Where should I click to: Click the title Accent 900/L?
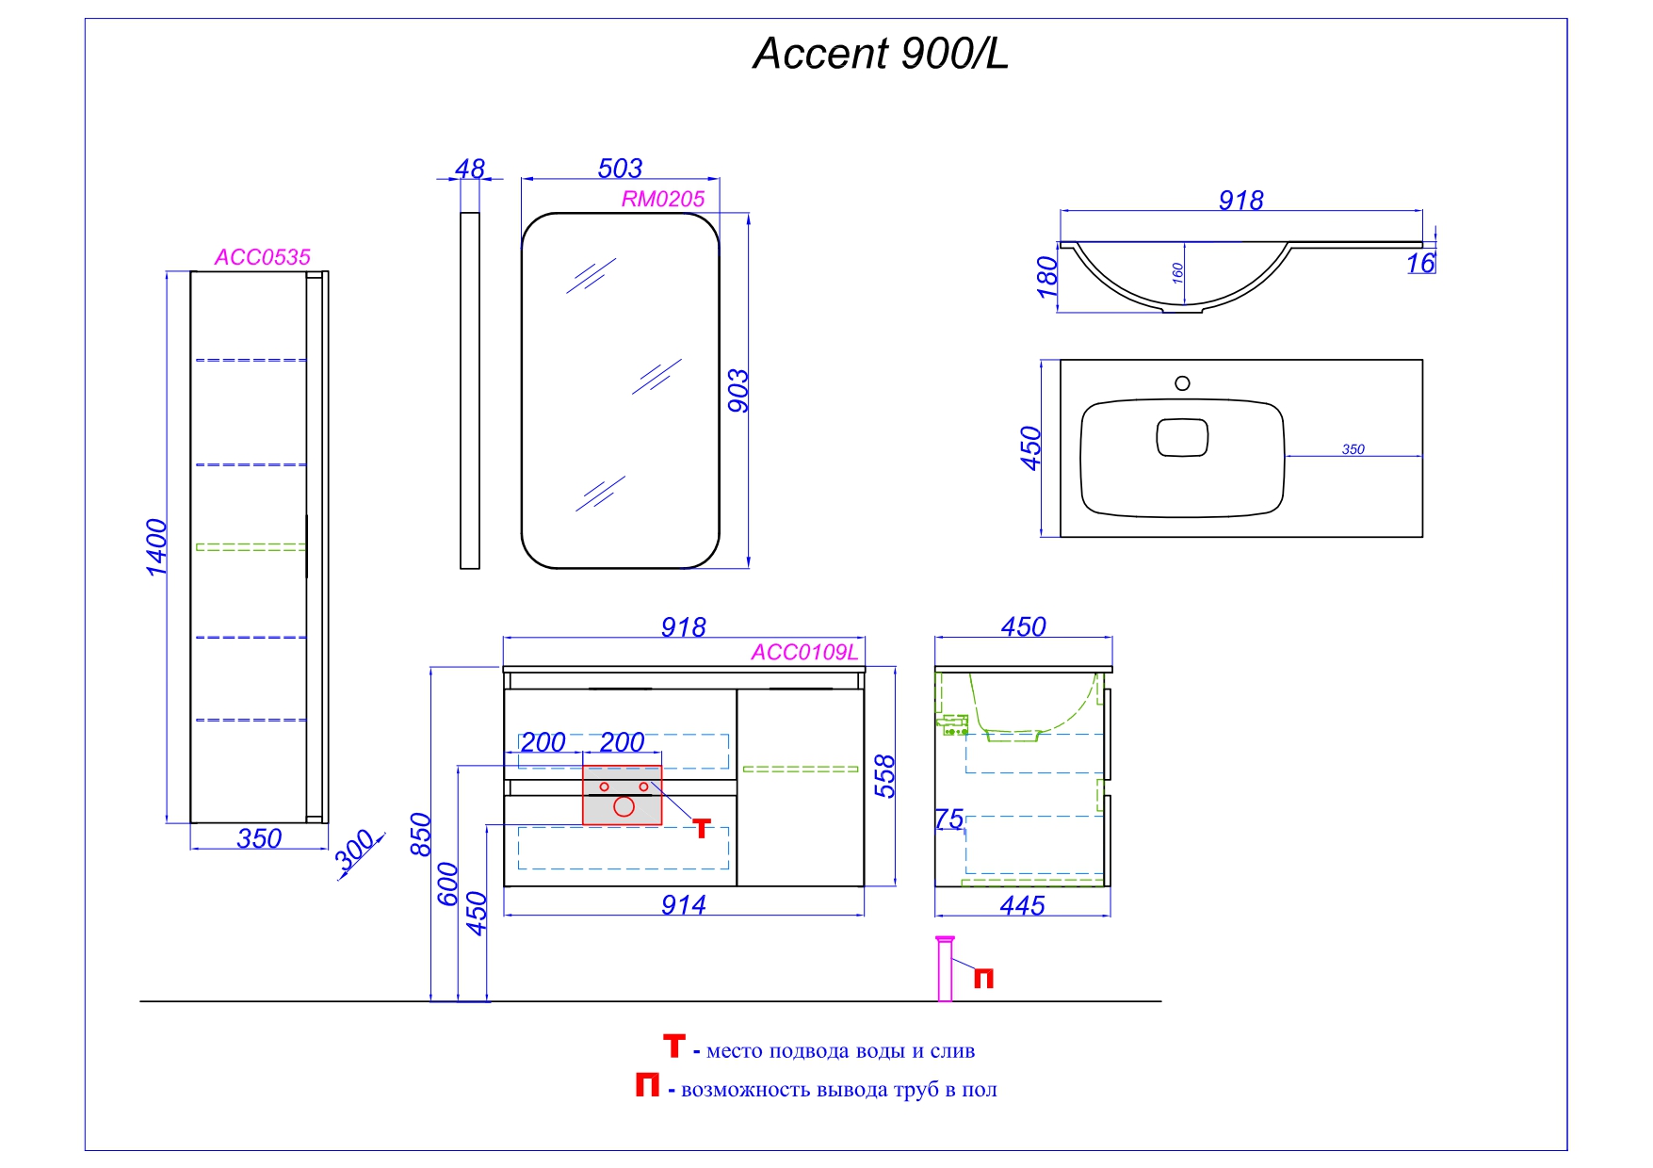point(880,54)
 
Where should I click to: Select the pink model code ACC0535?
point(262,257)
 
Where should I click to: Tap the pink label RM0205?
point(662,200)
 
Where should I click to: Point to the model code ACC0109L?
point(804,653)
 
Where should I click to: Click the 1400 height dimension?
point(156,547)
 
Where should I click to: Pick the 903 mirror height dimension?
point(738,391)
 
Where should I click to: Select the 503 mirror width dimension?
point(620,169)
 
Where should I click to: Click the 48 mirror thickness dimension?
point(469,169)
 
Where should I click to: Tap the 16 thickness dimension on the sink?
point(1419,264)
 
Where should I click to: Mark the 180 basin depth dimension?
point(1047,277)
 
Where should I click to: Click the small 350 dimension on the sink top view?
point(1353,449)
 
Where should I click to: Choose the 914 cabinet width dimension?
point(683,905)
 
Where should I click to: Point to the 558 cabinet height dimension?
point(884,776)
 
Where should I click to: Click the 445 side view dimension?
point(1022,906)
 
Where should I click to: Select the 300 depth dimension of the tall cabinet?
point(355,852)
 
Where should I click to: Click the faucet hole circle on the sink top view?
point(1182,383)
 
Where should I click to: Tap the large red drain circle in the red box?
point(624,806)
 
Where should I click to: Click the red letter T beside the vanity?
point(701,828)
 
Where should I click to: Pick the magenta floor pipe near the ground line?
point(945,970)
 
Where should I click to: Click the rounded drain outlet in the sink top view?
point(1181,438)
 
